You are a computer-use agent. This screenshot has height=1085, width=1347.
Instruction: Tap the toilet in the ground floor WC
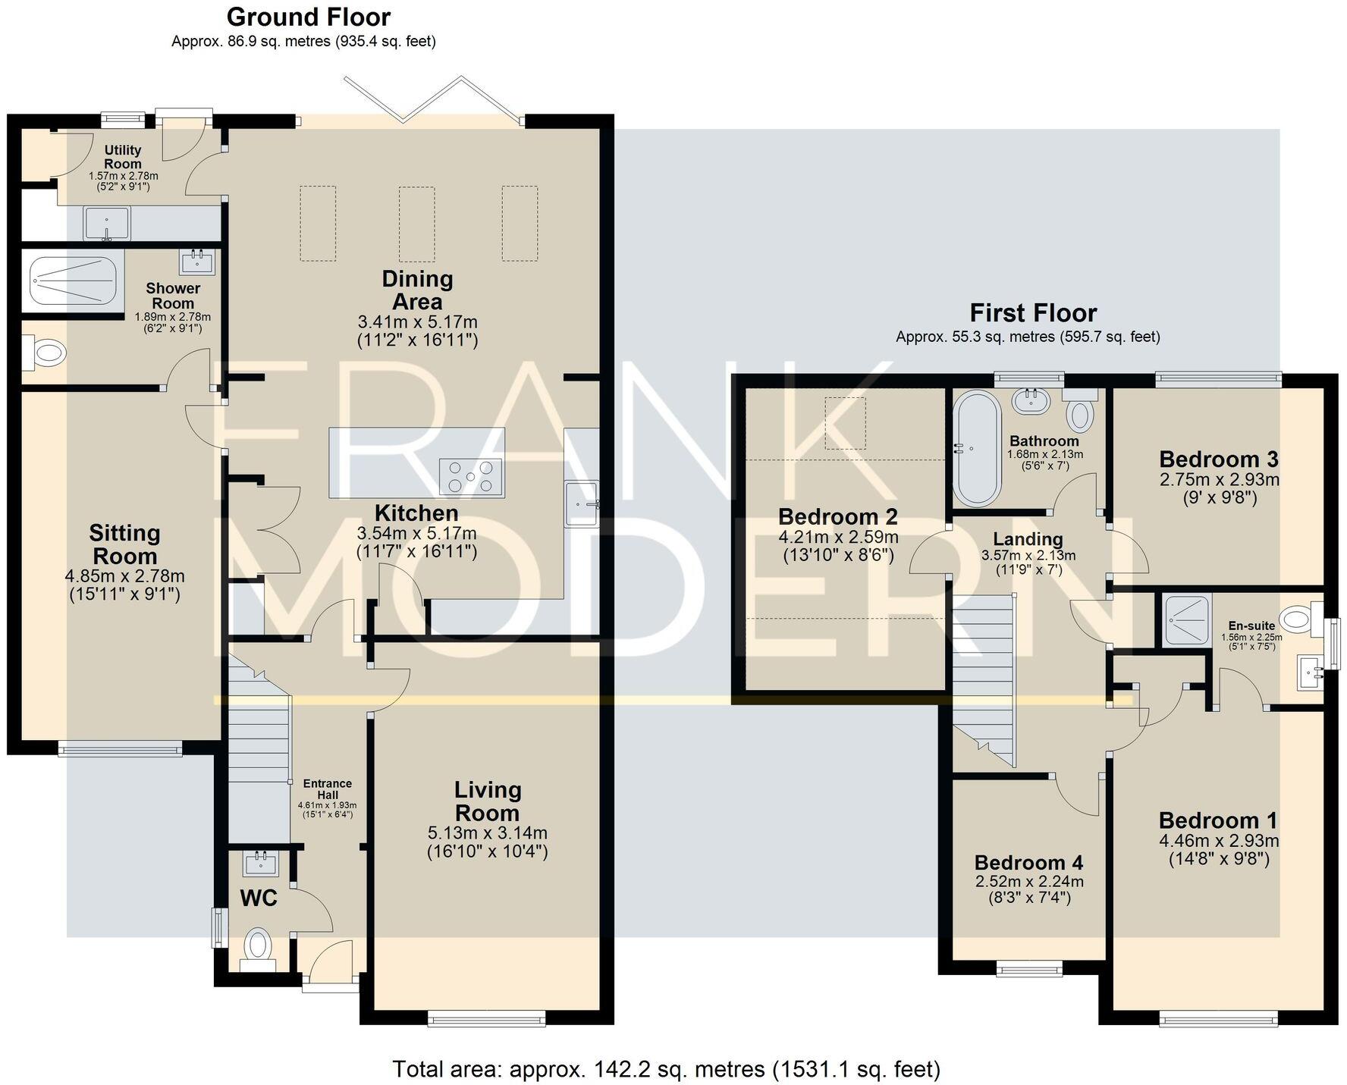pyautogui.click(x=258, y=948)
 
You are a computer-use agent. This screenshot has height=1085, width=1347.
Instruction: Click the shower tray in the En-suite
pyautogui.click(x=1187, y=620)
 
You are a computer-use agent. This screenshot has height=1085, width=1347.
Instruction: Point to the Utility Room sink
pyautogui.click(x=107, y=223)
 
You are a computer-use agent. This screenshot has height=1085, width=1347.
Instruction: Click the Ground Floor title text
pyautogui.click(x=309, y=17)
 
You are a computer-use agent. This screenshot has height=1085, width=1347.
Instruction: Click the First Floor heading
pyautogui.click(x=1033, y=312)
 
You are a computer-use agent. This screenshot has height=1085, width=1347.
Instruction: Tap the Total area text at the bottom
pyautogui.click(x=666, y=1069)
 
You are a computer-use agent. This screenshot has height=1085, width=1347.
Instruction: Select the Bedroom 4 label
pyautogui.click(x=1028, y=862)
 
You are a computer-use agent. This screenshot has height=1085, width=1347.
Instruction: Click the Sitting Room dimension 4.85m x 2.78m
pyautogui.click(x=125, y=576)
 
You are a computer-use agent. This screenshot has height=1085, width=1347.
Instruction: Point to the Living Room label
pyautogui.click(x=488, y=801)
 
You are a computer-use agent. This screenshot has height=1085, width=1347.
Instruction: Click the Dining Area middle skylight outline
pyautogui.click(x=417, y=224)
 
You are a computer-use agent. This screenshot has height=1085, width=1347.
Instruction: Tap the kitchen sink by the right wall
pyautogui.click(x=582, y=503)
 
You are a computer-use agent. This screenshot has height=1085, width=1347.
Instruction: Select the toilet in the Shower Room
pyautogui.click(x=46, y=353)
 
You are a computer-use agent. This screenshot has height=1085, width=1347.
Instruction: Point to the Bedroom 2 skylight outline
pyautogui.click(x=845, y=422)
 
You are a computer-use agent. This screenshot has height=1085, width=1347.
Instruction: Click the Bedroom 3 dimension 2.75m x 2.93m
pyautogui.click(x=1219, y=480)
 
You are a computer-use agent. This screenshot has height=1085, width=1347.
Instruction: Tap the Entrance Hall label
pyautogui.click(x=327, y=789)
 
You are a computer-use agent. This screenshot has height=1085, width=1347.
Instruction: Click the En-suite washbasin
pyautogui.click(x=1311, y=670)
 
